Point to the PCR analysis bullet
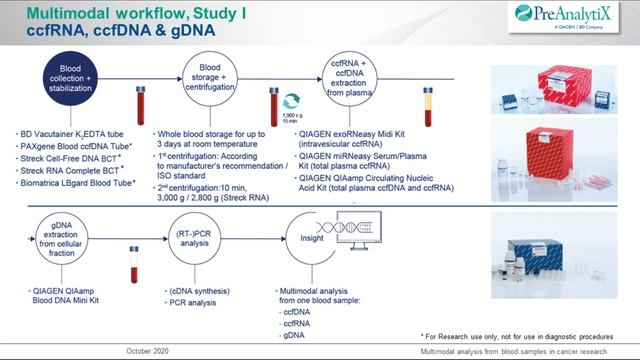pos(202,302)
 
